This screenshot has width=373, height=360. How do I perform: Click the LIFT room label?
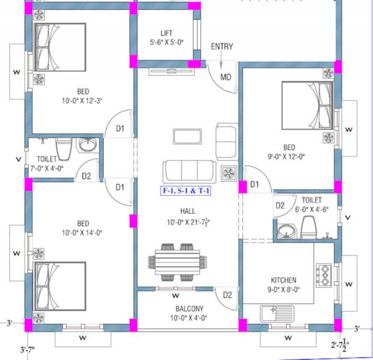point(166,32)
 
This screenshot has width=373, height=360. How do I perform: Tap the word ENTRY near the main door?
point(222,47)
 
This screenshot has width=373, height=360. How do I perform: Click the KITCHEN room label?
point(283,280)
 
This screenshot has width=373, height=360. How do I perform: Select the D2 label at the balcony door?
point(227,295)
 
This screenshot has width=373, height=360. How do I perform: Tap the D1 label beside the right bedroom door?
point(254,185)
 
